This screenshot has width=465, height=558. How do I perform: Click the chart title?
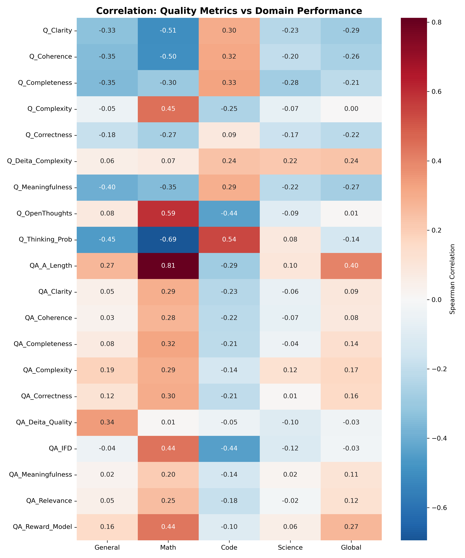[x=229, y=11]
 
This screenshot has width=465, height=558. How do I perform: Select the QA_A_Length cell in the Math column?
[x=168, y=266]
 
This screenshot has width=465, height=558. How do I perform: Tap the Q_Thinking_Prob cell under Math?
[x=168, y=239]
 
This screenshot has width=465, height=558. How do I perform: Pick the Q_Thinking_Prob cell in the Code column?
[x=229, y=239]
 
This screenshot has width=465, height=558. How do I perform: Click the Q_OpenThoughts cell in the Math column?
[x=168, y=213]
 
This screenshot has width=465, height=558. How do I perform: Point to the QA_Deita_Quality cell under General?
[x=107, y=422]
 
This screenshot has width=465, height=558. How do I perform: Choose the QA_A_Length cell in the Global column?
[x=351, y=266]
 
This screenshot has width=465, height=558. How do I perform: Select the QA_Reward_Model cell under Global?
[x=351, y=527]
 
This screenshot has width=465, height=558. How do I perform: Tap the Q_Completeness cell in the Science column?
[x=290, y=83]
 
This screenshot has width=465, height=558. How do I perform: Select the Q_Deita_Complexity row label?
[x=40, y=161]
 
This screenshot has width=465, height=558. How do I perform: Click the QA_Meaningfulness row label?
[x=41, y=475]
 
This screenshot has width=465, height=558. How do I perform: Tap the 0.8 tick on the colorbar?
[x=436, y=22]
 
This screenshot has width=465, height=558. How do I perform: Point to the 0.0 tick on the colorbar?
[x=436, y=300]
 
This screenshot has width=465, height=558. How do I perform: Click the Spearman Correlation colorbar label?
[x=452, y=279]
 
